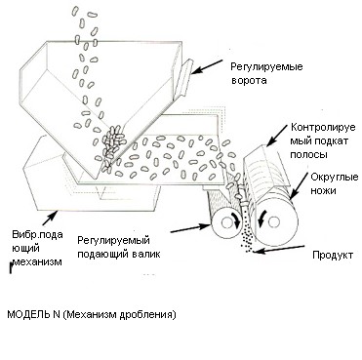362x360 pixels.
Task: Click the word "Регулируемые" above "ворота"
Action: click(x=266, y=67)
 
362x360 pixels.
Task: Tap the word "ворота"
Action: click(x=249, y=80)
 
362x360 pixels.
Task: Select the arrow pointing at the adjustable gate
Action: click(x=207, y=66)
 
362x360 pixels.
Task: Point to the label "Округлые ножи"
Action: click(x=334, y=183)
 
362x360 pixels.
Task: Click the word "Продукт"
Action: click(x=333, y=255)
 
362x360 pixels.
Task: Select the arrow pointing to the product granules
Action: click(x=279, y=249)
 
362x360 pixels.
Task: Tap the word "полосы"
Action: click(x=308, y=155)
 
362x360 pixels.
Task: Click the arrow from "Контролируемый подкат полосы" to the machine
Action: click(x=276, y=137)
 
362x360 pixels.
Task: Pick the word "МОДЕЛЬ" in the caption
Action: click(x=28, y=314)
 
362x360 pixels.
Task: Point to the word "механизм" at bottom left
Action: click(x=37, y=261)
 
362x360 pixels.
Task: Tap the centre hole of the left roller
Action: click(x=225, y=222)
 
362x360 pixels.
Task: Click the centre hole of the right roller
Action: click(x=274, y=222)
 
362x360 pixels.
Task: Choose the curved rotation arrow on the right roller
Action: click(x=261, y=219)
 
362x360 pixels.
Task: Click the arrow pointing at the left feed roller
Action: click(x=191, y=227)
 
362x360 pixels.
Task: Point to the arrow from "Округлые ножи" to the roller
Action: click(x=299, y=185)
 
